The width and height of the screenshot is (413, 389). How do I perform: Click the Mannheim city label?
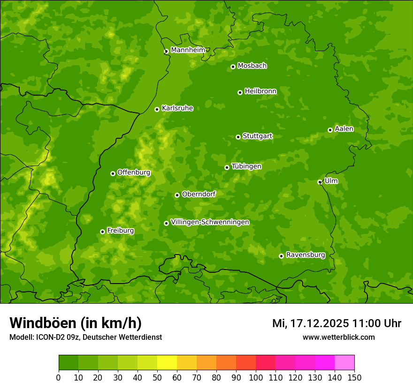point(188,50)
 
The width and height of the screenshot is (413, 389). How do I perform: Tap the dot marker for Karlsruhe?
point(157,109)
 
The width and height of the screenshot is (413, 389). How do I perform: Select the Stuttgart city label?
point(257,136)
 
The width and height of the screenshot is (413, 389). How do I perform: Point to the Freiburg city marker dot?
point(102,232)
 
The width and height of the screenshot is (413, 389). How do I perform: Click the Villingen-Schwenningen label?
point(210,222)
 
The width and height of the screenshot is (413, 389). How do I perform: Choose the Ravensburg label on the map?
point(306,255)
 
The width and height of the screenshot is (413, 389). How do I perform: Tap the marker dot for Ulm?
point(320,182)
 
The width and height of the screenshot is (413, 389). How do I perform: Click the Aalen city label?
point(344,129)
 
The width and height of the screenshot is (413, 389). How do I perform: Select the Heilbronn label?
point(260,91)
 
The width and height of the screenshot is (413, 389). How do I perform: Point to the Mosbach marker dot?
point(233,67)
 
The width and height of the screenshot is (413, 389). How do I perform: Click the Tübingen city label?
point(246,166)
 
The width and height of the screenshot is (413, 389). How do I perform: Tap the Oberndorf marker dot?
point(177,195)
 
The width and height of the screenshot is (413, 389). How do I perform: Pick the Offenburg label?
point(134,172)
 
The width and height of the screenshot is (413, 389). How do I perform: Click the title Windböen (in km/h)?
point(76,323)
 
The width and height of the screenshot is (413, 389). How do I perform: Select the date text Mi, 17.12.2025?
point(310,323)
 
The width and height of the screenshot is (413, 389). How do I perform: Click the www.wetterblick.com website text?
point(338,337)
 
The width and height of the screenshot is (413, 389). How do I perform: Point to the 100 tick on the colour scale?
point(256,377)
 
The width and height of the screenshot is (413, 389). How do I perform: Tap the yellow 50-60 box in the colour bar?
point(167,363)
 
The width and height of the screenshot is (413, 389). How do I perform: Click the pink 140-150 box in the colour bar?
point(344,363)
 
